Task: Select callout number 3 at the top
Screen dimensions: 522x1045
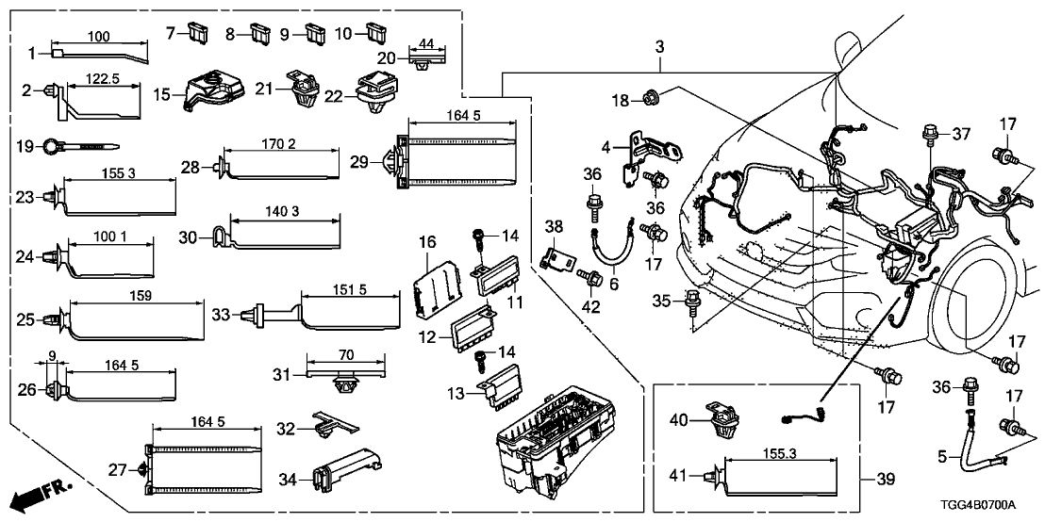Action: click(x=659, y=45)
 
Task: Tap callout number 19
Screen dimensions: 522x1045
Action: click(x=25, y=146)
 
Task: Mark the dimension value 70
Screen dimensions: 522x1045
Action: click(x=346, y=355)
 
